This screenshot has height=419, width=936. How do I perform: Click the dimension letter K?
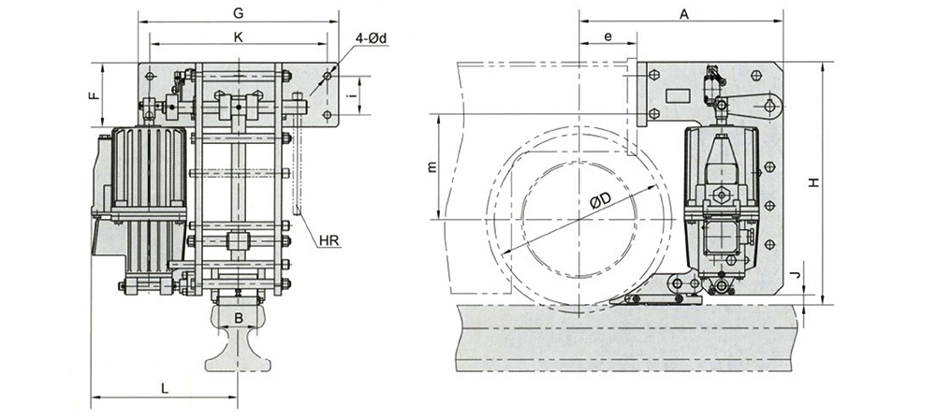(239, 36)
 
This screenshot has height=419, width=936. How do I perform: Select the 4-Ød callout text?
(372, 38)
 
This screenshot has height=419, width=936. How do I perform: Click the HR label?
(329, 240)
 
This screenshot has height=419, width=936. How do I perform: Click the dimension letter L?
(164, 386)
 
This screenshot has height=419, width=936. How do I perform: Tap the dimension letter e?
(607, 36)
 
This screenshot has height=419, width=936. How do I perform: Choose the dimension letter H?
(814, 183)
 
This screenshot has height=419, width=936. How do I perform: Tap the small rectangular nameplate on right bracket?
(675, 94)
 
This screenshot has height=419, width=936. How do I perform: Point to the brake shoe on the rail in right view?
(661, 297)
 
